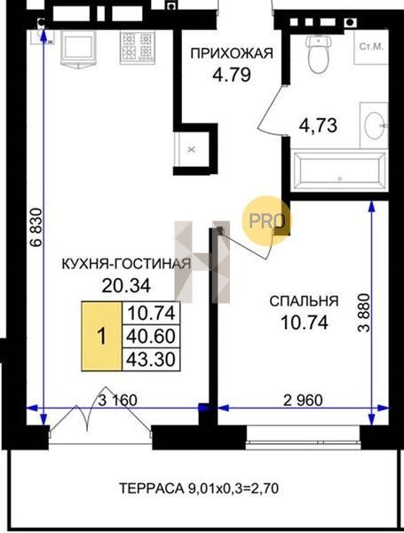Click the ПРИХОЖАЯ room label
click(232, 53)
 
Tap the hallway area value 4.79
click(232, 76)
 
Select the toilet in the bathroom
click(319, 53)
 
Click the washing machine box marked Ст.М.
click(371, 47)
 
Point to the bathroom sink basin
click(374, 125)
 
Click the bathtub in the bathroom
click(339, 171)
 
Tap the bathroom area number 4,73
click(318, 125)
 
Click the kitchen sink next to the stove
click(78, 48)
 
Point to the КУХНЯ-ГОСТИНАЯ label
click(126, 264)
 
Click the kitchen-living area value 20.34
click(126, 286)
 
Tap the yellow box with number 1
click(101, 336)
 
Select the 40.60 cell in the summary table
click(151, 336)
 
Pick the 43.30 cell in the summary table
click(151, 359)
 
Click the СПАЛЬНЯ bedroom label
click(304, 301)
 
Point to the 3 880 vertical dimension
click(365, 313)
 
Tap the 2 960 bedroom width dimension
click(303, 401)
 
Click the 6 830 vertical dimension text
click(36, 227)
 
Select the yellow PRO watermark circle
click(266, 221)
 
